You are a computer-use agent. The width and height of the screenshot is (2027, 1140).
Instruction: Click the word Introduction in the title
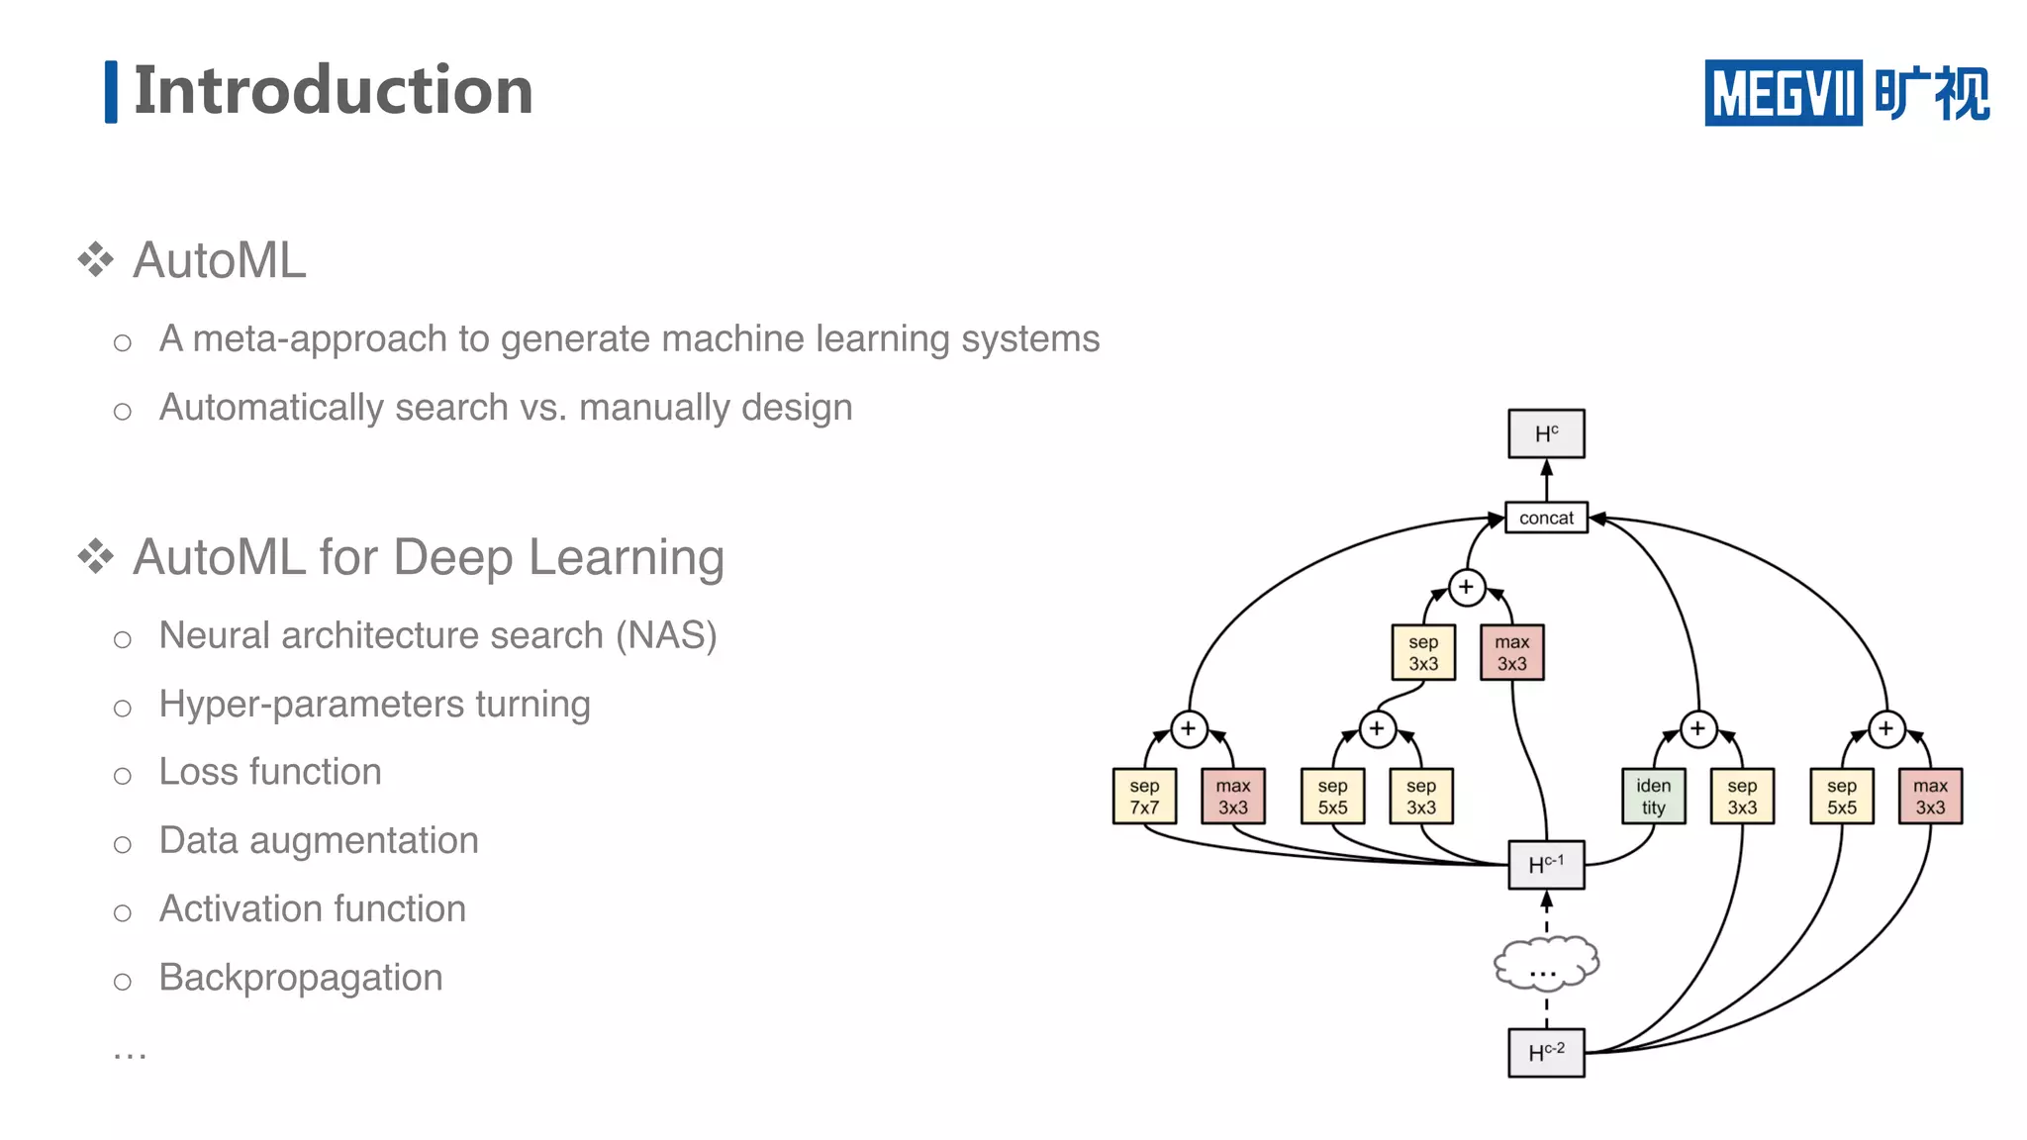(333, 90)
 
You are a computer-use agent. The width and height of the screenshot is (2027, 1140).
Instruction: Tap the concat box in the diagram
(1546, 518)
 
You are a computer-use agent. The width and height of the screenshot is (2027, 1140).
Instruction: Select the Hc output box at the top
(1546, 433)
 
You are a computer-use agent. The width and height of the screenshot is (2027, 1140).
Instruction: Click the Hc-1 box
(1546, 865)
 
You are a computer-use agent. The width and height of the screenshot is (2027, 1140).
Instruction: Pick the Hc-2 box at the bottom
(1546, 1052)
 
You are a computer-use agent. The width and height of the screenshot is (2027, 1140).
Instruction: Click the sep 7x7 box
(1144, 797)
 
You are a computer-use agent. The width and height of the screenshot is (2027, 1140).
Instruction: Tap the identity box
(1653, 797)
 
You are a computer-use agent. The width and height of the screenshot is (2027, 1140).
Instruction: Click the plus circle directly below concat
(1466, 587)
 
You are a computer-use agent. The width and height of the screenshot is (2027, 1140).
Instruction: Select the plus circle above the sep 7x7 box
(1189, 729)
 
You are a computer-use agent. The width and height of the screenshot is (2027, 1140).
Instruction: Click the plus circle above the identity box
(1698, 729)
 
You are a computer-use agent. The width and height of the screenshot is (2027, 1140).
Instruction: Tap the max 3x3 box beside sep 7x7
(1233, 797)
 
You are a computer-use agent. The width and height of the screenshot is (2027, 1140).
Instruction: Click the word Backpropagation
(301, 978)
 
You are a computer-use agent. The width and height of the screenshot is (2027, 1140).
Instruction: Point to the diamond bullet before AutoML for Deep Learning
(96, 556)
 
